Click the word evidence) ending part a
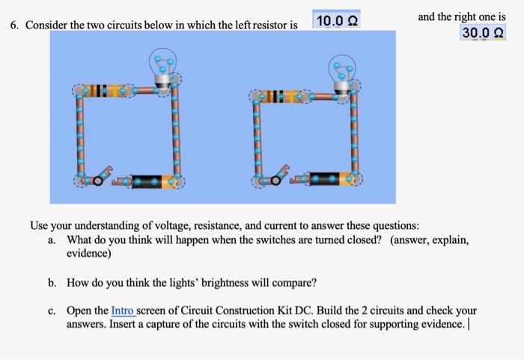(x=89, y=254)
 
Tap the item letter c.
(x=51, y=310)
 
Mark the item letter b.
(x=51, y=283)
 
